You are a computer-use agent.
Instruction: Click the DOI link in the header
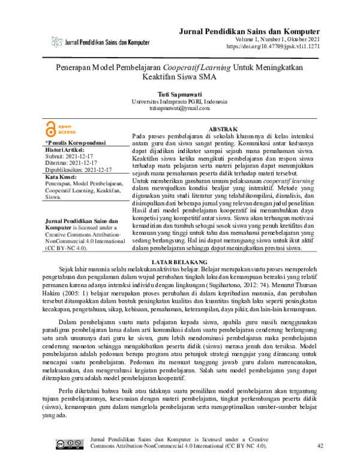point(273,46)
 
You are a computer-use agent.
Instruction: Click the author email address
point(179,109)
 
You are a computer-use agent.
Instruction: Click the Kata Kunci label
point(63,177)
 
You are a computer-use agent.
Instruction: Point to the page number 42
point(320,445)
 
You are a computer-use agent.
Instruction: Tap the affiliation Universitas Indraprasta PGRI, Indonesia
point(179,102)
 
